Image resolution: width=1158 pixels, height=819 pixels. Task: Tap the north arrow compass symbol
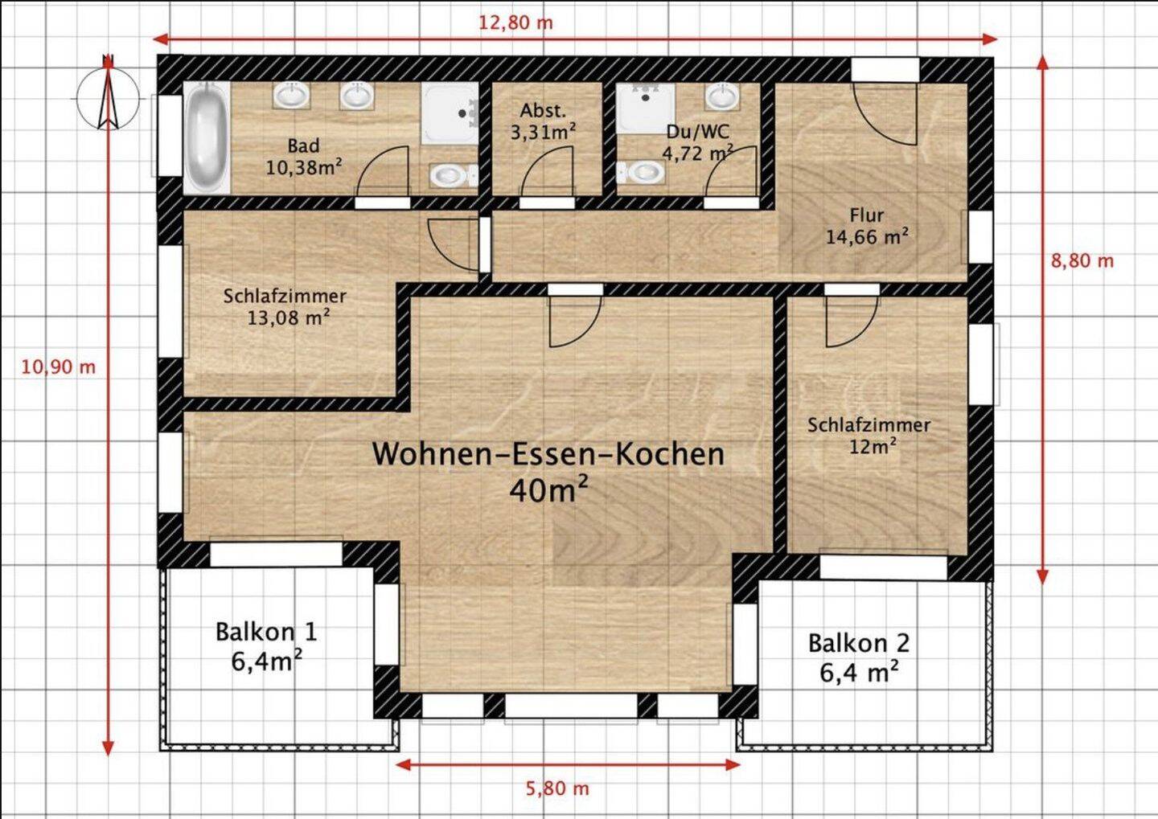pos(108,96)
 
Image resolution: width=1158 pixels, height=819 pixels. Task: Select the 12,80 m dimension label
pos(515,23)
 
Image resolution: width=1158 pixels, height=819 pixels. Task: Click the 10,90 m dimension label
pos(58,367)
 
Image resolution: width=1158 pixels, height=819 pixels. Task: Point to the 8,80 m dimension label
pos(1082,260)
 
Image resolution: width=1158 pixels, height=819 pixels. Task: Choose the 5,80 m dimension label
pos(557,788)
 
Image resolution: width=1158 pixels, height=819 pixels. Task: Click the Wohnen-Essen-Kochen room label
pos(548,454)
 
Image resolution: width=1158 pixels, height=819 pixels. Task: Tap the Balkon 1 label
pos(266,632)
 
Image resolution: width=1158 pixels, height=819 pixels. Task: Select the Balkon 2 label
pos(859,643)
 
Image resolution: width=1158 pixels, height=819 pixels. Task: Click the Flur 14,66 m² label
pos(867,227)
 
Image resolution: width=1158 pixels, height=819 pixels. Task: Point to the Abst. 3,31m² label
pos(544,121)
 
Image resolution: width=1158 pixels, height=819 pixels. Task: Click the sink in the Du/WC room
pos(722,97)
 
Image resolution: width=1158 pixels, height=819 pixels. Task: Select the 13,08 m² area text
pos(288,317)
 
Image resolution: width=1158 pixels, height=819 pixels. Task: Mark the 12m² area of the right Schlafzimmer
pos(873,445)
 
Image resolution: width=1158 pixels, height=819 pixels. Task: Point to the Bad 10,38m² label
pos(303,157)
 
